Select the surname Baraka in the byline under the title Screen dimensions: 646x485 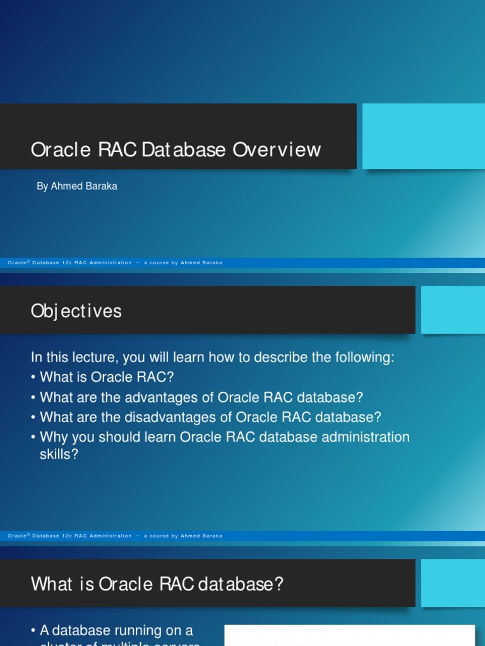[x=100, y=187]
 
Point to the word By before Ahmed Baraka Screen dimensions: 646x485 [x=42, y=187]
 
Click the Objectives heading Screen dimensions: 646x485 [x=76, y=311]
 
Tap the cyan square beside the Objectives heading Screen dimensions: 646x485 [x=453, y=310]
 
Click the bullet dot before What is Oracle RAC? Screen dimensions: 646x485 [x=33, y=378]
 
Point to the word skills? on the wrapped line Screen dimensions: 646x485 [x=59, y=454]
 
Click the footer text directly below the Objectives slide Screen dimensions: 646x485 [x=115, y=536]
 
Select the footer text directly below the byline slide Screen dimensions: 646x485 [x=115, y=262]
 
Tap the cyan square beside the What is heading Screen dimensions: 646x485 [x=453, y=583]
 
